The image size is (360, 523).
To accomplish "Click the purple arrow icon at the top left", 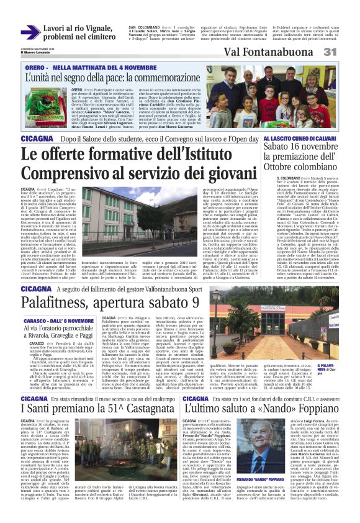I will tap(30, 32).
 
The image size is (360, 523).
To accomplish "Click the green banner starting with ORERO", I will tap(93, 66).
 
